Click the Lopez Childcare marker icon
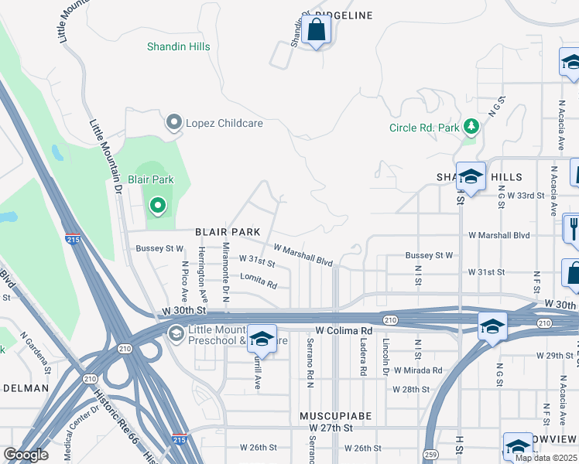pos(174,123)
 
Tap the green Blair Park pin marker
pos(158,205)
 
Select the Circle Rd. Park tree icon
pos(470,127)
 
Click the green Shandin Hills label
pos(179,46)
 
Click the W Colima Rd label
pos(344,330)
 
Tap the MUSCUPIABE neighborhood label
pos(336,416)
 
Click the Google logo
pos(26,455)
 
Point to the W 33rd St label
pos(520,196)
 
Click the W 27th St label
pos(331,428)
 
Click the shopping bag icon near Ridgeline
pos(317,32)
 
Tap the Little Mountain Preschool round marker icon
pos(176,333)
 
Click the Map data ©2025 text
pos(546,458)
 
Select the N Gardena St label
pos(36,353)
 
